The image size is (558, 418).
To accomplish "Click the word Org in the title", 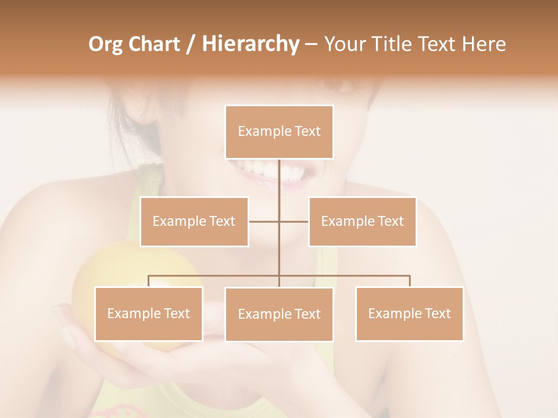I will click(x=105, y=45).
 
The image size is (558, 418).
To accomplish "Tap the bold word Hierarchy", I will click(x=250, y=45).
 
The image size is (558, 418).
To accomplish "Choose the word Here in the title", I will click(x=482, y=45).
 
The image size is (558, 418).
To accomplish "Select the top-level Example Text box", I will click(x=279, y=132).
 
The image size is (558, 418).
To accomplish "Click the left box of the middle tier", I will click(x=194, y=221).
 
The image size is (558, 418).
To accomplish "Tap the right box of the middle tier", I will click(x=362, y=221).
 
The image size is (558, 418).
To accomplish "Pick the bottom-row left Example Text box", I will click(x=149, y=313).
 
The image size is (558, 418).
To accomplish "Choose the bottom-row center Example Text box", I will click(x=279, y=314).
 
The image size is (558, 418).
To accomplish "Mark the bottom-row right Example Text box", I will click(x=409, y=313).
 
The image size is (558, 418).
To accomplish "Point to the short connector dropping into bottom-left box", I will click(x=149, y=281).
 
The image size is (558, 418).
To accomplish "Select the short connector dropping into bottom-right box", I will click(x=410, y=281).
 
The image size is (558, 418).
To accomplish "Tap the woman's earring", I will click(x=140, y=111).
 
